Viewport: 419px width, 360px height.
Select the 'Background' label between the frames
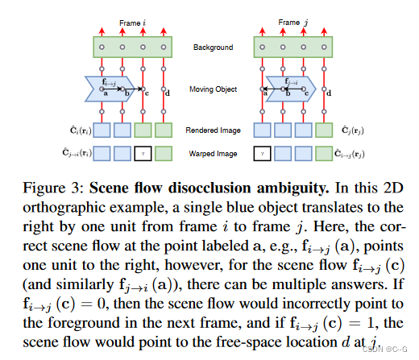click(213, 48)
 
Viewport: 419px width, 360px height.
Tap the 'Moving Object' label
click(213, 89)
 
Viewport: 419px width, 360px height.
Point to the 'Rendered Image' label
click(213, 129)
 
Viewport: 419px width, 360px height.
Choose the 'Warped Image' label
click(213, 151)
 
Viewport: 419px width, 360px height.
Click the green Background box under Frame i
click(132, 47)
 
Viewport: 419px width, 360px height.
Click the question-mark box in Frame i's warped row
click(143, 151)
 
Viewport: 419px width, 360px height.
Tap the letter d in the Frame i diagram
click(168, 95)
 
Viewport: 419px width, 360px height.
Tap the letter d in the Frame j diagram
click(330, 95)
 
